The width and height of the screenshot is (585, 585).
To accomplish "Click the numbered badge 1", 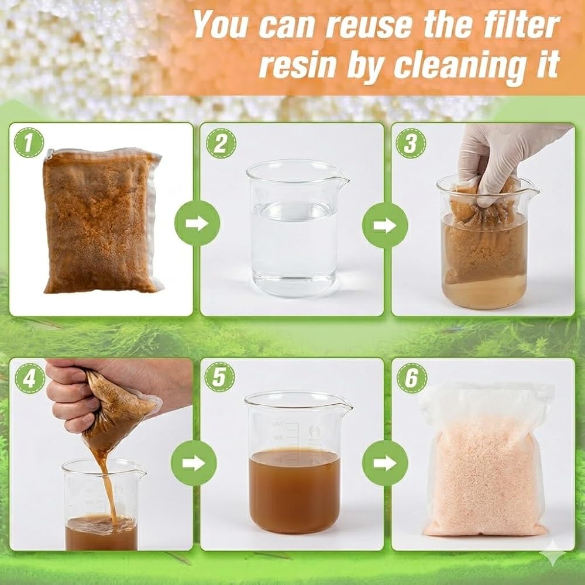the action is point(29,143).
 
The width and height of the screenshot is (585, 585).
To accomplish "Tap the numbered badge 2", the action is point(221,143).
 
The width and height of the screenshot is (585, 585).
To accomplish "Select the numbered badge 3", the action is point(411,143).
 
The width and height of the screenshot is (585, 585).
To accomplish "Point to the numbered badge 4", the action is point(30,378).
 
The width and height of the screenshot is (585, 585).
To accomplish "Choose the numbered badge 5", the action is point(220,377).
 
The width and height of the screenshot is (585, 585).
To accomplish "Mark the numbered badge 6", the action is point(412,377).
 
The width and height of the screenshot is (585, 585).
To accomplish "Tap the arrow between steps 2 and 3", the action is point(385,225).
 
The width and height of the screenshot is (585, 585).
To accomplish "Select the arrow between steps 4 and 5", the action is point(194,463).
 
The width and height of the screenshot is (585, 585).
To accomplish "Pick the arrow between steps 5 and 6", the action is point(385,463).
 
